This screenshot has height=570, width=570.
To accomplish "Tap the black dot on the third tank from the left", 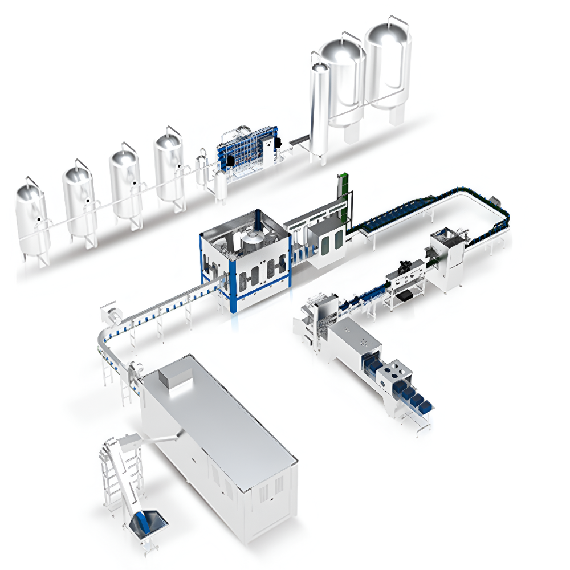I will (x=134, y=183).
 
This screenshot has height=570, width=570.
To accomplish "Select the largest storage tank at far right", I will (x=388, y=63).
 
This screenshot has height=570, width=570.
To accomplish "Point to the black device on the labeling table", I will (x=406, y=265).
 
